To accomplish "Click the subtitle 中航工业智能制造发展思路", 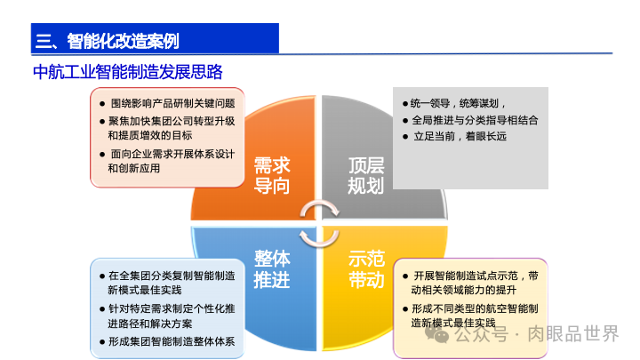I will tap(127, 72).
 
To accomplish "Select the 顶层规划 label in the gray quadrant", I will tap(365, 176).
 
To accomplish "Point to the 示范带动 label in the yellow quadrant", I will tap(366, 268).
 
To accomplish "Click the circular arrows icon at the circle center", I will tap(319, 222).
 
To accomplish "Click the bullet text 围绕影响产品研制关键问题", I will tap(171, 103).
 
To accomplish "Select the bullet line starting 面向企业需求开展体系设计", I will tap(171, 153).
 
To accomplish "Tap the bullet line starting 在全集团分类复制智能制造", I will tap(171, 276).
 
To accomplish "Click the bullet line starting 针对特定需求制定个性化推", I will tap(171, 308).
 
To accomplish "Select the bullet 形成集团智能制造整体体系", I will tap(171, 341).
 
